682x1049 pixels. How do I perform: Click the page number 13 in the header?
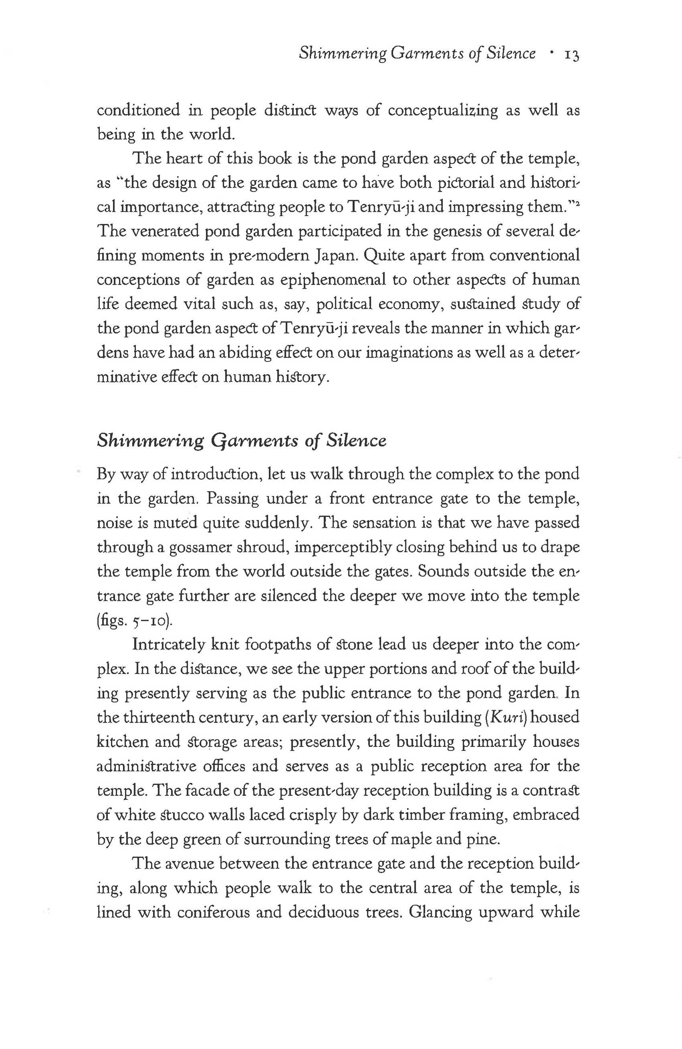pos(571,54)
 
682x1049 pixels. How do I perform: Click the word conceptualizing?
pos(443,110)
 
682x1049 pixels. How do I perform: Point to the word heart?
pos(181,158)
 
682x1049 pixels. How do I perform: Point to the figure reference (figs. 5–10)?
pos(134,621)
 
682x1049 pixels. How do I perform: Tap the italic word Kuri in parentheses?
pos(507,718)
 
